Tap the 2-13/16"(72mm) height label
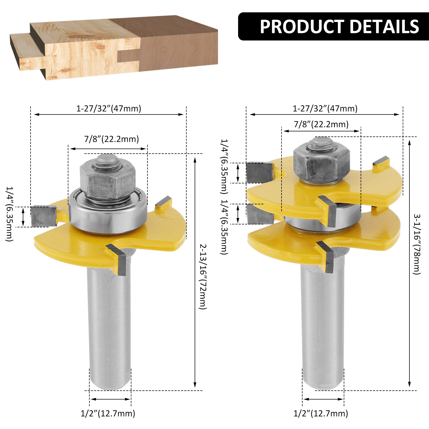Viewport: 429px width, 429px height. [203, 276]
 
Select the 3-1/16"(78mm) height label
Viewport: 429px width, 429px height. [417, 244]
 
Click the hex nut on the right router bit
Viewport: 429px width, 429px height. [321, 164]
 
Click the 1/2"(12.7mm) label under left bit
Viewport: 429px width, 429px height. [108, 413]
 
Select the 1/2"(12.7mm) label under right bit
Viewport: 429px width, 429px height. [321, 413]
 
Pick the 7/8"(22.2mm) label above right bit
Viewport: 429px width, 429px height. [321, 124]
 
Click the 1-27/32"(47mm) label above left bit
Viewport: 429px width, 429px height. [109, 108]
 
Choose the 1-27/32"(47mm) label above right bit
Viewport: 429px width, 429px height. [325, 108]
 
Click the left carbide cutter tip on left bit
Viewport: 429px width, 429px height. [44, 216]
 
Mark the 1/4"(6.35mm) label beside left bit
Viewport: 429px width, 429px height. [10, 214]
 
